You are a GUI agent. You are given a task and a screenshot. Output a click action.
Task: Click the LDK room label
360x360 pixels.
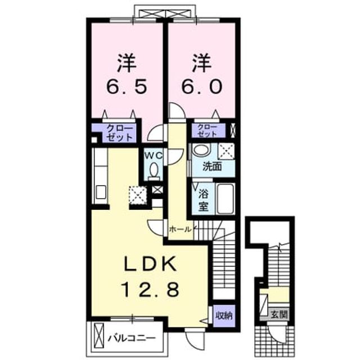pyautogui.click(x=150, y=264)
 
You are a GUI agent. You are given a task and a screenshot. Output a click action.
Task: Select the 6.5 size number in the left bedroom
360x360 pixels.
pyautogui.click(x=126, y=86)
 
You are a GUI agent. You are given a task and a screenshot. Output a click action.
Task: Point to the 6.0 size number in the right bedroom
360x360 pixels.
pyautogui.click(x=202, y=86)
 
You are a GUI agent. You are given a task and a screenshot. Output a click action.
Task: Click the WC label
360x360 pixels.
pyautogui.click(x=154, y=156)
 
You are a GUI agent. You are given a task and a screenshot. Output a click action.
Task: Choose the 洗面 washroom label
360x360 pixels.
pyautogui.click(x=212, y=167)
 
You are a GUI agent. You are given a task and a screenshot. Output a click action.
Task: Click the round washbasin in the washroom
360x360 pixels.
pyautogui.click(x=201, y=150)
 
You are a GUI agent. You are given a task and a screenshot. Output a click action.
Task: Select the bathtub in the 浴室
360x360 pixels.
pyautogui.click(x=225, y=198)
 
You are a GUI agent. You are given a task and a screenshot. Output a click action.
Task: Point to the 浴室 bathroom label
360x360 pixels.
pyautogui.click(x=204, y=200)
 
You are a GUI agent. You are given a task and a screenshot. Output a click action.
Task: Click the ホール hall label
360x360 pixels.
pyautogui.click(x=180, y=229)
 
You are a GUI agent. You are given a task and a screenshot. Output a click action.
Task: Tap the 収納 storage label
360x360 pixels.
pyautogui.click(x=224, y=316)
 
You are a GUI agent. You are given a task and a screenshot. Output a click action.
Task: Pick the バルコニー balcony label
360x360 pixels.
pyautogui.click(x=132, y=338)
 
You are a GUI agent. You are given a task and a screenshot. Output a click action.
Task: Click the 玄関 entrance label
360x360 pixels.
pyautogui.click(x=279, y=314)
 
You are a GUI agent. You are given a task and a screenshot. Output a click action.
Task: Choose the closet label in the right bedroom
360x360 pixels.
pyautogui.click(x=208, y=130)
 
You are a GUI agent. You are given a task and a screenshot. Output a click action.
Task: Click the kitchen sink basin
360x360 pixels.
pyautogui.click(x=101, y=192)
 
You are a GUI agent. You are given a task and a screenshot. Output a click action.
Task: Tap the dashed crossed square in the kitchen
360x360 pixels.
pyautogui.click(x=138, y=195)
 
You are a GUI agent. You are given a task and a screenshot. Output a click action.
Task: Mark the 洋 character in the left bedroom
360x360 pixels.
pyautogui.click(x=127, y=62)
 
